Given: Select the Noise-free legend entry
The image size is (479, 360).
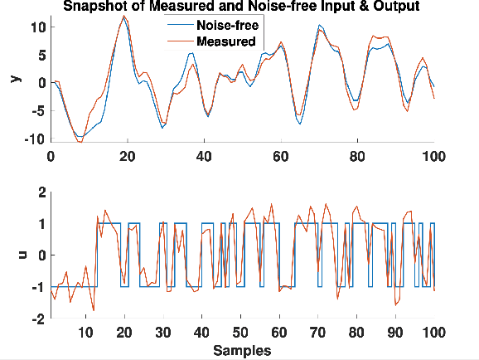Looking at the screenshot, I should [x=227, y=26].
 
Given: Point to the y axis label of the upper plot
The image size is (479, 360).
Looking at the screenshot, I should [x=14, y=78].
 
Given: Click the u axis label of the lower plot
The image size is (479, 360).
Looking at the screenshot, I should [x=14, y=255].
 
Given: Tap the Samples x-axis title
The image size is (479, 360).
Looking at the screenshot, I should [x=242, y=351].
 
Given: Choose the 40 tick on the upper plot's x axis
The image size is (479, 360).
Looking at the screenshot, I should [x=204, y=155].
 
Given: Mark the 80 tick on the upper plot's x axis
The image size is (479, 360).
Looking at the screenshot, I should [x=357, y=155].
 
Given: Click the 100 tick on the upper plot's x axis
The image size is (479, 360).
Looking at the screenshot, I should [x=433, y=155].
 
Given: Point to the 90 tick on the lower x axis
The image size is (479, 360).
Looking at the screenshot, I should [x=395, y=333].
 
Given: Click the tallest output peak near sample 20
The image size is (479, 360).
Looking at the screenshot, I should [x=124, y=17].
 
